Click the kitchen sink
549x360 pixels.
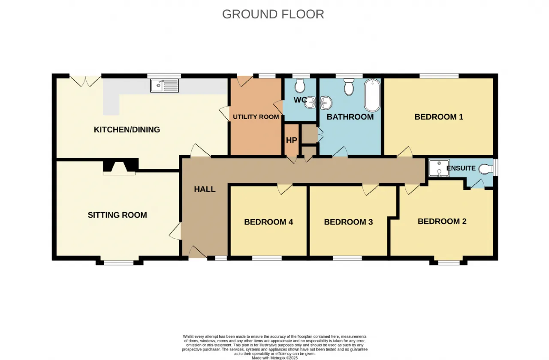[164, 85]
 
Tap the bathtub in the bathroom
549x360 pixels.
[372, 95]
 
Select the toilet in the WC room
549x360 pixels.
[300, 85]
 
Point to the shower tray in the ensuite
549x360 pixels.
[439, 168]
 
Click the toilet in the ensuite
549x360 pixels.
[486, 168]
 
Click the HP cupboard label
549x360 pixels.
[291, 140]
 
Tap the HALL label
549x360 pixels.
[205, 189]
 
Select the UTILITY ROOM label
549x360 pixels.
[256, 117]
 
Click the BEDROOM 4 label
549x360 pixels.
[268, 222]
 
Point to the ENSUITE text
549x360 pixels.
[461, 168]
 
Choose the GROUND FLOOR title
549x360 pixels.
[273, 14]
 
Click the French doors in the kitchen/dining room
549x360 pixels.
[85, 80]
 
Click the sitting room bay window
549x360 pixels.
[119, 263]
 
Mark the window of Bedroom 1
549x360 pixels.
[439, 76]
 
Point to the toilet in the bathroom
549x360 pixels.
[349, 87]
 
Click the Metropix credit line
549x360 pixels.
[275, 358]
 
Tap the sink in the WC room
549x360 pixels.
[310, 102]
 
